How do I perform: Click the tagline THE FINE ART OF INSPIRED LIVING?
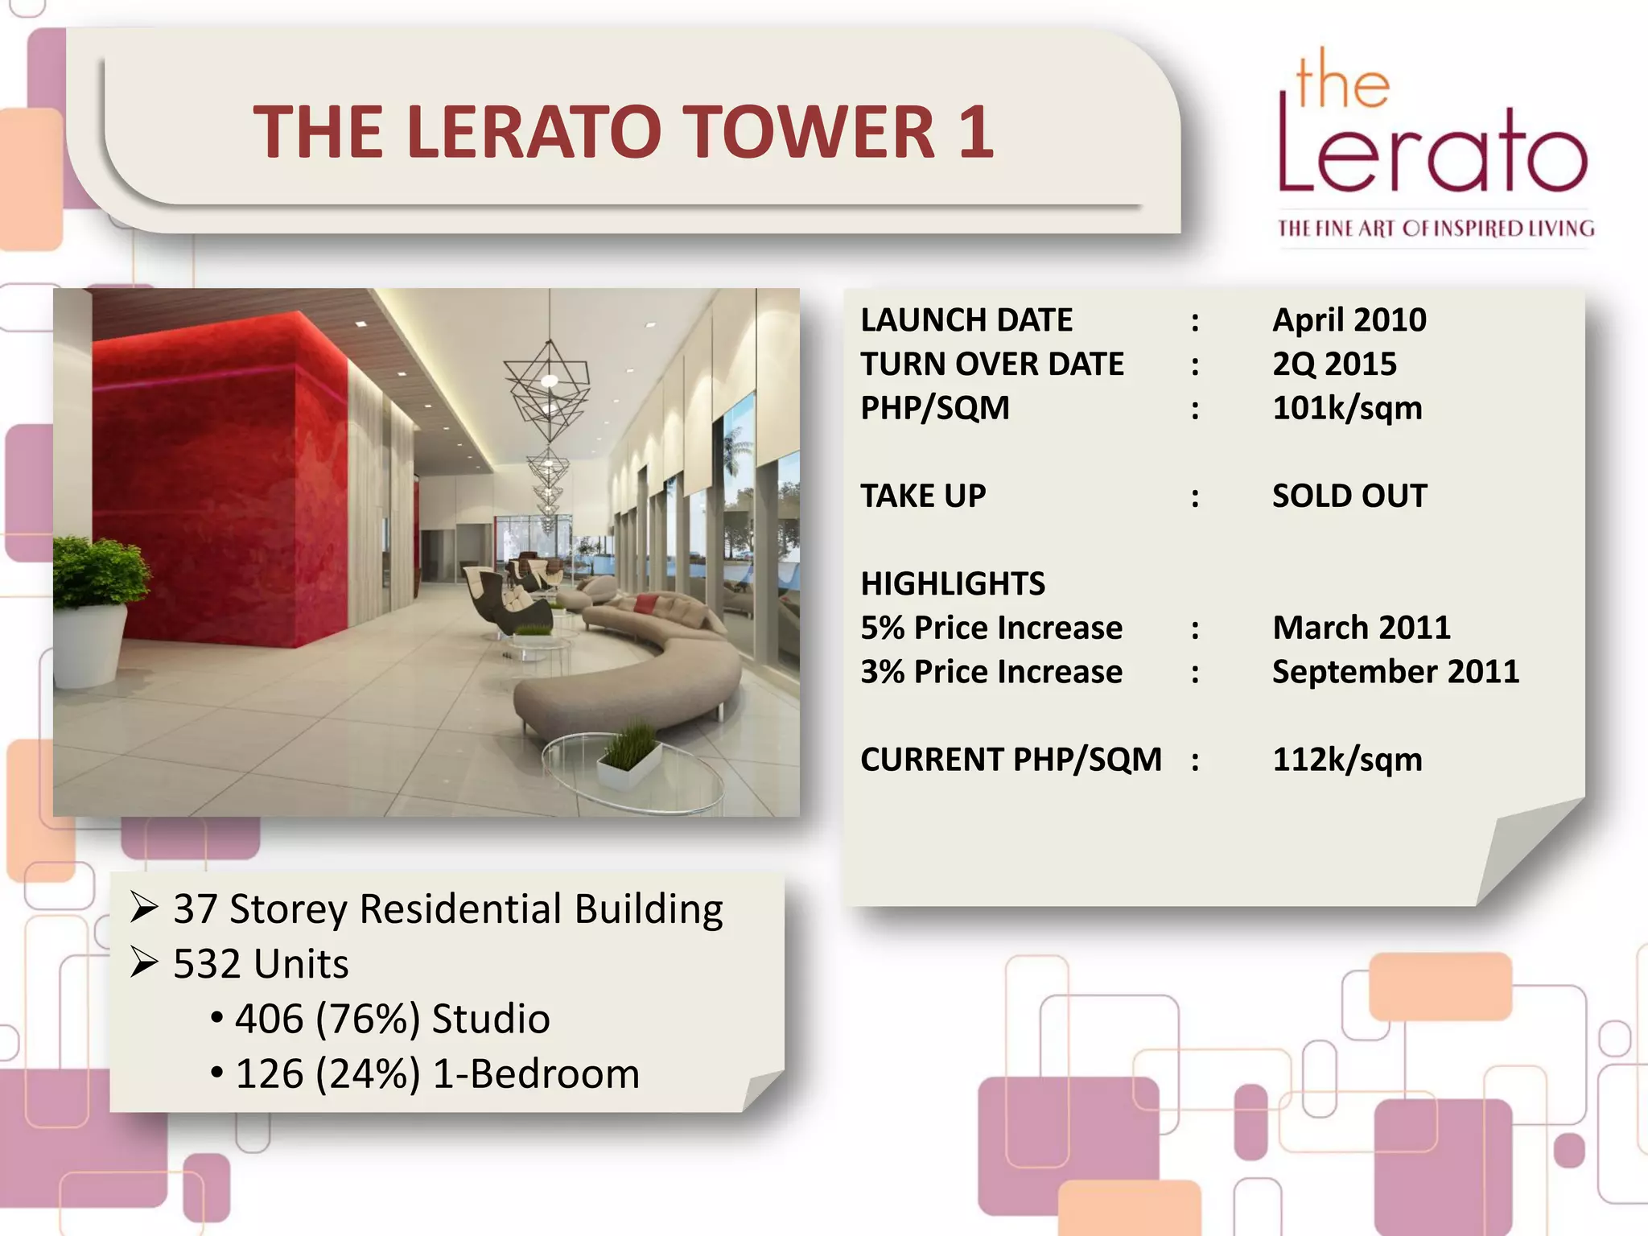pyautogui.click(x=1436, y=229)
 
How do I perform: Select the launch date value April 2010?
pyautogui.click(x=1349, y=320)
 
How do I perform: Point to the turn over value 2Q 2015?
pyautogui.click(x=1334, y=364)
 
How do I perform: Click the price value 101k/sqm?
pyautogui.click(x=1347, y=408)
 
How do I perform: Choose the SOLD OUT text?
pyautogui.click(x=1349, y=496)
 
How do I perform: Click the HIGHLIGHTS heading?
pyautogui.click(x=953, y=583)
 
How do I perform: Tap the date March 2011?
pyautogui.click(x=1361, y=628)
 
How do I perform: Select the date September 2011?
pyautogui.click(x=1395, y=672)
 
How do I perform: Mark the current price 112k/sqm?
pyautogui.click(x=1347, y=760)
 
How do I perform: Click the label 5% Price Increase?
pyautogui.click(x=991, y=628)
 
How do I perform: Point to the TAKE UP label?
pyautogui.click(x=923, y=496)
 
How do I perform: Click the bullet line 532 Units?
pyautogui.click(x=261, y=964)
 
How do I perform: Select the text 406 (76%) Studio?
pyautogui.click(x=393, y=1019)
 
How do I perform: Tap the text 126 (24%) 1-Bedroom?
pyautogui.click(x=437, y=1074)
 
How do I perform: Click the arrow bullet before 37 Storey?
pyautogui.click(x=144, y=908)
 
